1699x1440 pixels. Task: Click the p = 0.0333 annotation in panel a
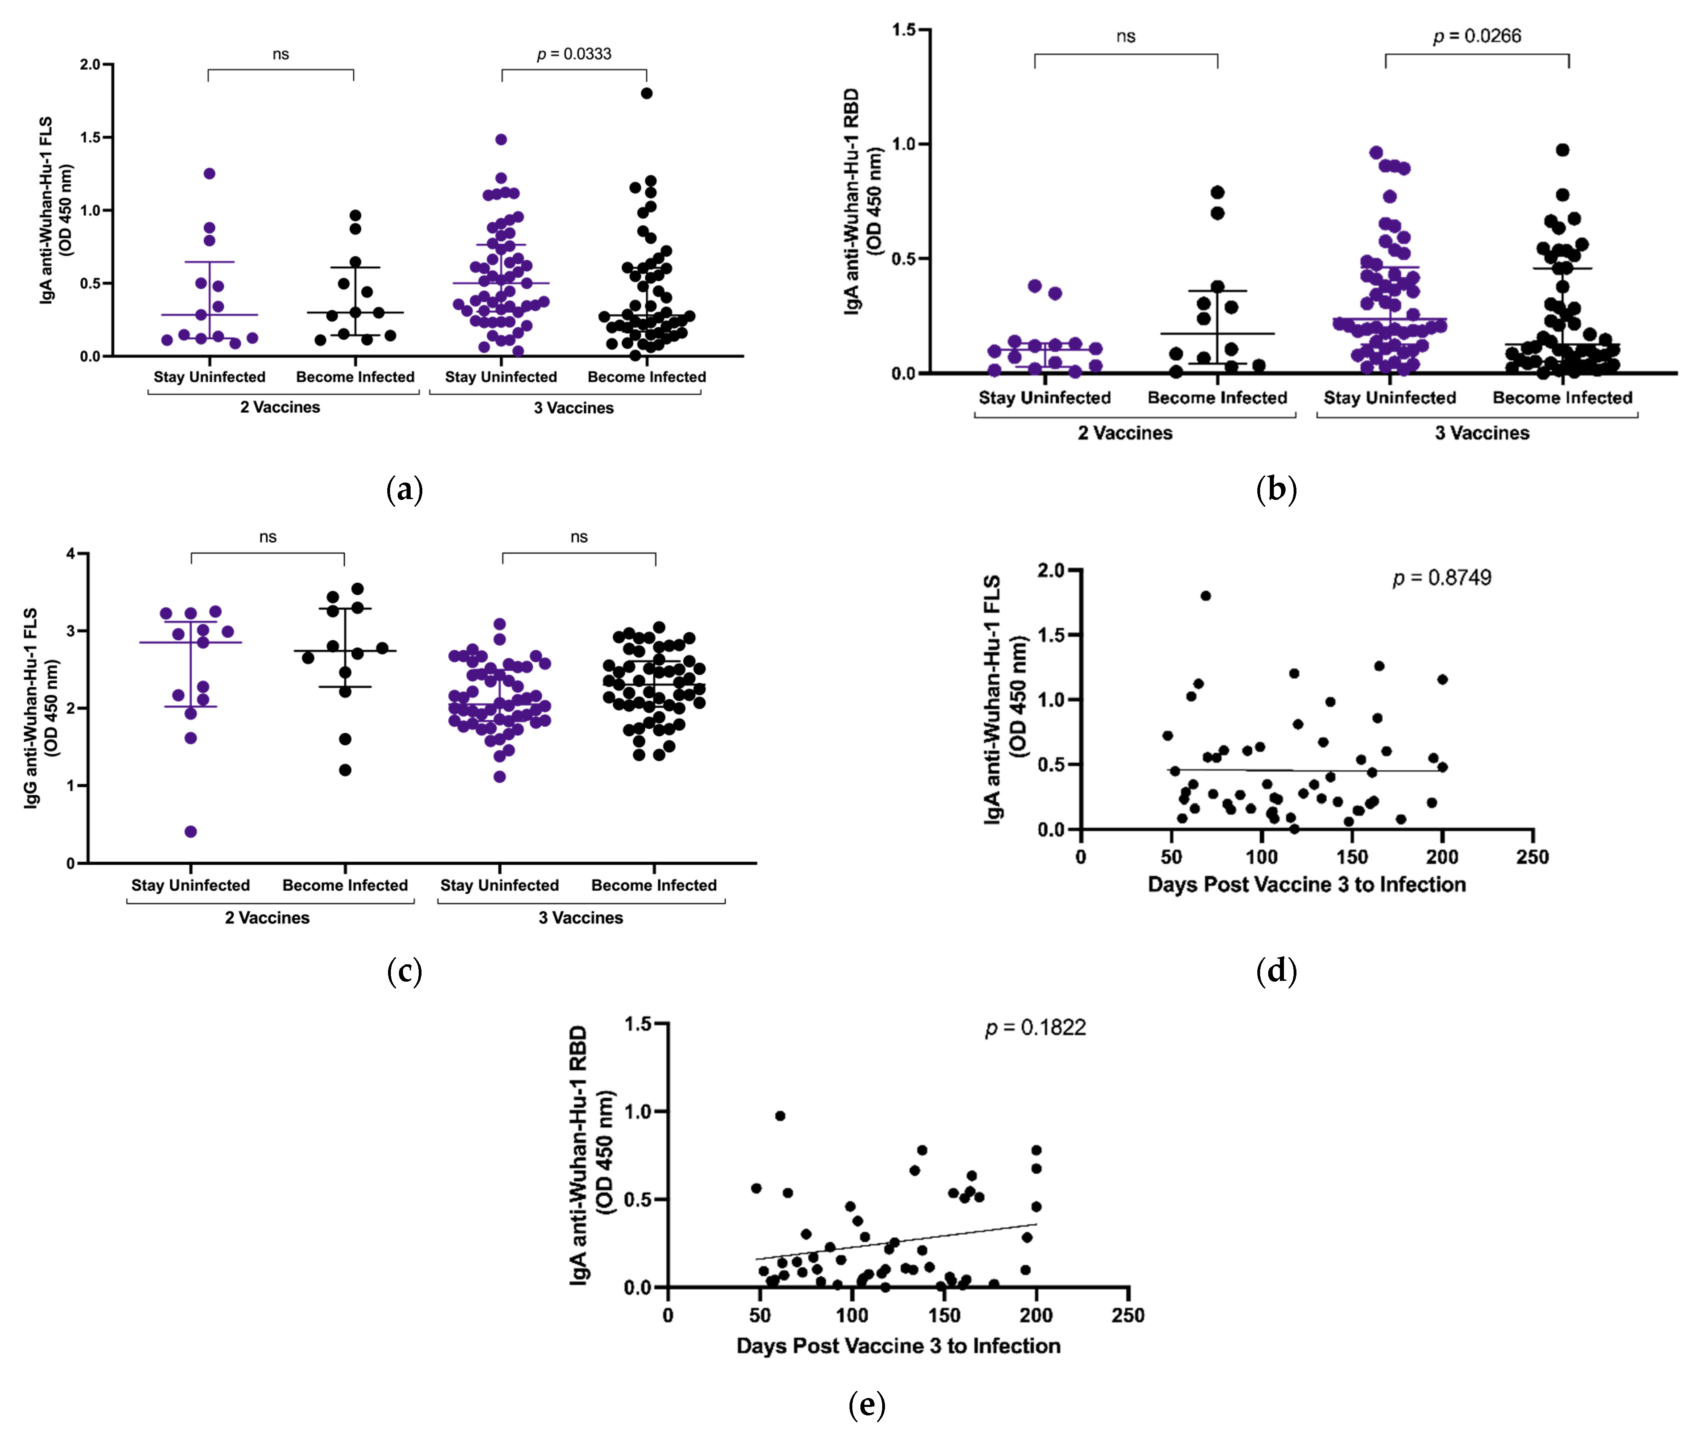pos(574,54)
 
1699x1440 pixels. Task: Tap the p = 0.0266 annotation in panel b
pos(1477,36)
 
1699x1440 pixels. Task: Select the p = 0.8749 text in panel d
pos(1442,578)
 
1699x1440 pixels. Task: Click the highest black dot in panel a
pos(646,93)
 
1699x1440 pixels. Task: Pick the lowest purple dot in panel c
pos(191,832)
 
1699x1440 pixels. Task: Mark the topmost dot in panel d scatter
pos(1205,596)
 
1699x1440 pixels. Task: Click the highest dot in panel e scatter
pos(780,1116)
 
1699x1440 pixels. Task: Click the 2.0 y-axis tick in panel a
pos(91,65)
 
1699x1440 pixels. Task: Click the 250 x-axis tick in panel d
pos(1532,857)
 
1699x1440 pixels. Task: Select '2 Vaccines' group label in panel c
pos(268,918)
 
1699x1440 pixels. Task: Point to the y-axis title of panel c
pos(41,707)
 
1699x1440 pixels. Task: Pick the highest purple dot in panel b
pos(1376,153)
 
